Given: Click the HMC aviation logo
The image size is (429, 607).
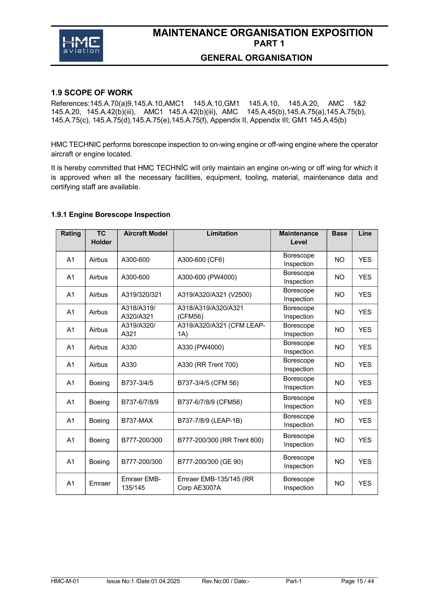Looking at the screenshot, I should tap(81, 45).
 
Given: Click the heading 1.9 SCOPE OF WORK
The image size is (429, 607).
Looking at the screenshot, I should tap(92, 93).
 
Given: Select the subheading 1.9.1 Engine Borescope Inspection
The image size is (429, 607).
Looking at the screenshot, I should tap(110, 214).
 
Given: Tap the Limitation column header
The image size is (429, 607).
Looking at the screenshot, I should tap(222, 233).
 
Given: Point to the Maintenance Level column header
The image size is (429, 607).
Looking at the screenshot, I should tap(298, 238).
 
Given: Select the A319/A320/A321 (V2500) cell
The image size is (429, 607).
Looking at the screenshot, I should tap(214, 295).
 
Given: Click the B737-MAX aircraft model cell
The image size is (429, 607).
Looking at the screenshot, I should tap(137, 420).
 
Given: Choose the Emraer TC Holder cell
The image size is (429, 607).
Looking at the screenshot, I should tap(100, 483).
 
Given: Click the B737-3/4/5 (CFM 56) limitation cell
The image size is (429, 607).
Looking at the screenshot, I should tap(208, 383).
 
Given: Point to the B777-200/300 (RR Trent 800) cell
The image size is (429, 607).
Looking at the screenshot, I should tap(220, 440).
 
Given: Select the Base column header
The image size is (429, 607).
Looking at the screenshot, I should tap(339, 233).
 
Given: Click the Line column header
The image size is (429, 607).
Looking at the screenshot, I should tap(365, 233).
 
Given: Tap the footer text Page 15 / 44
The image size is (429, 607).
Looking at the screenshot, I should tap(357, 581).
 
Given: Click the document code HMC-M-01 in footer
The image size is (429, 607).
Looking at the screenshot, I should tap(65, 581).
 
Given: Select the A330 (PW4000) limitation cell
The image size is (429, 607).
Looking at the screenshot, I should tap(201, 347).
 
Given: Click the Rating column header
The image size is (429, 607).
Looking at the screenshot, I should tap(71, 233).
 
